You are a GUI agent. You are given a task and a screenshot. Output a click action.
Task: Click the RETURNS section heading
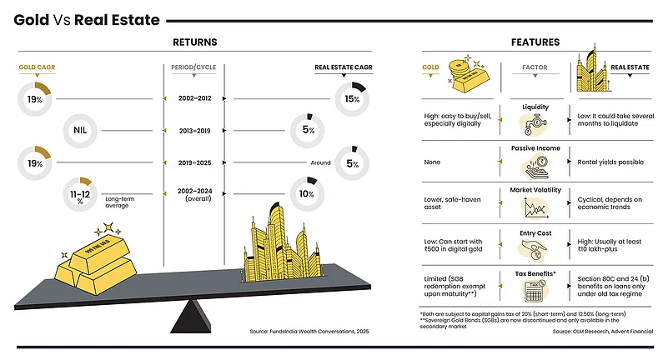194,42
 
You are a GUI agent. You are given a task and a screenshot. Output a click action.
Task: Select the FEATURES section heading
535,42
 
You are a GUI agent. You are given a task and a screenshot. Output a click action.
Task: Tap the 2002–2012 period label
194,98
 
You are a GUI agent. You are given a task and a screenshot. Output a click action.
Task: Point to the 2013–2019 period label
194,131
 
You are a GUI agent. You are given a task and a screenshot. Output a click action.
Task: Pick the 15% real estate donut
351,98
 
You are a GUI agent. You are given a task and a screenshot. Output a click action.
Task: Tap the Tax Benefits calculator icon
535,289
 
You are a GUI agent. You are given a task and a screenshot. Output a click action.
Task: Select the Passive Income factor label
535,147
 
